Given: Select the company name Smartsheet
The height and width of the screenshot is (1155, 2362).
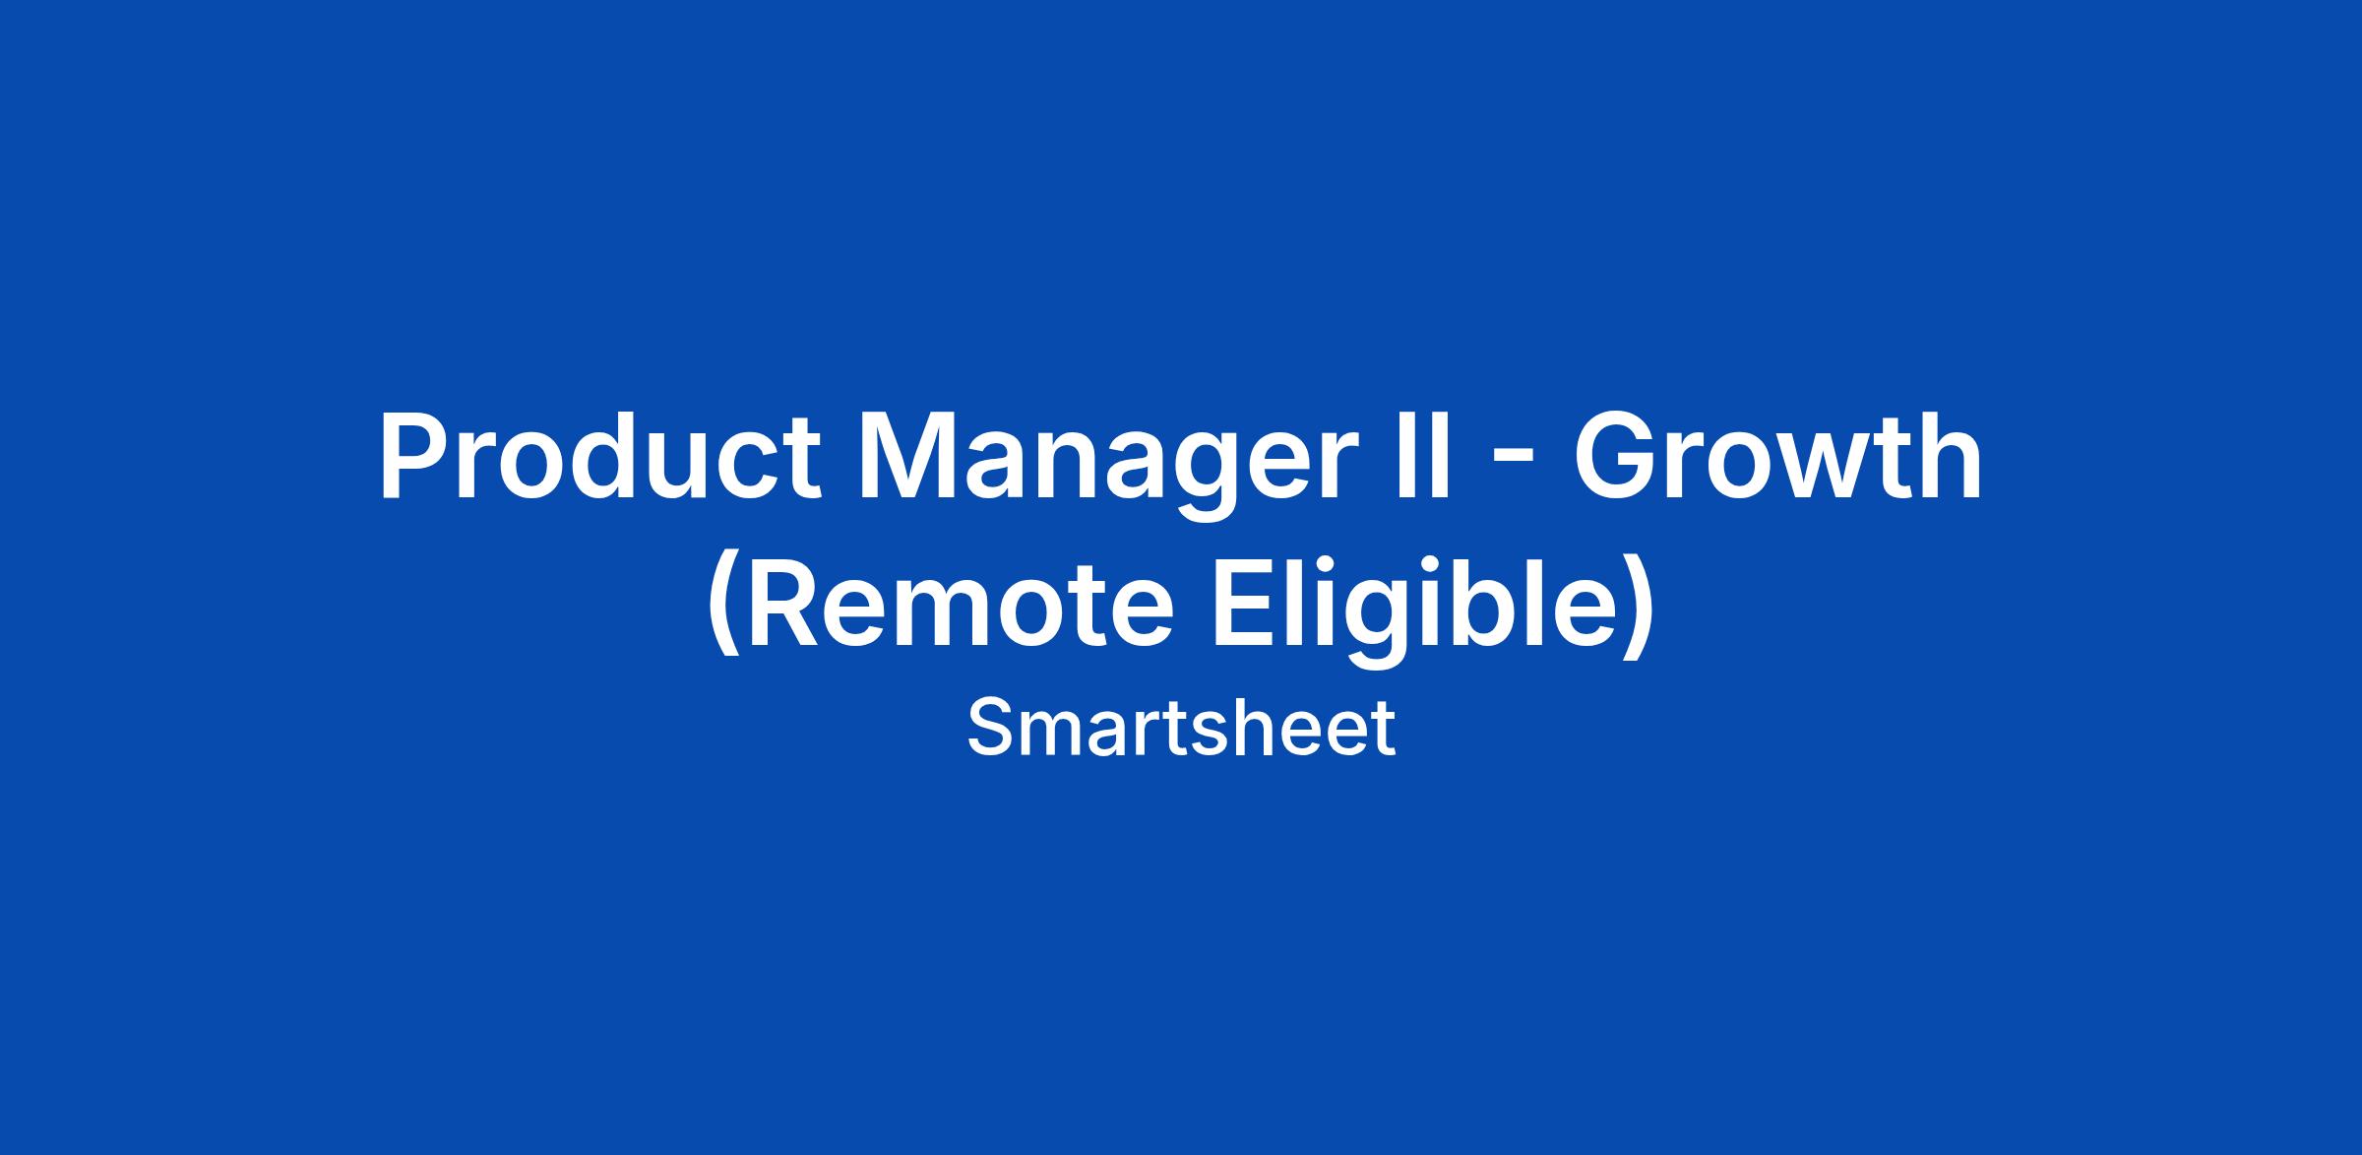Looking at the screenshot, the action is pyautogui.click(x=1181, y=729).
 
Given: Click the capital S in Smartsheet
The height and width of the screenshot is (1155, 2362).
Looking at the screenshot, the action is pyautogui.click(x=990, y=729).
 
